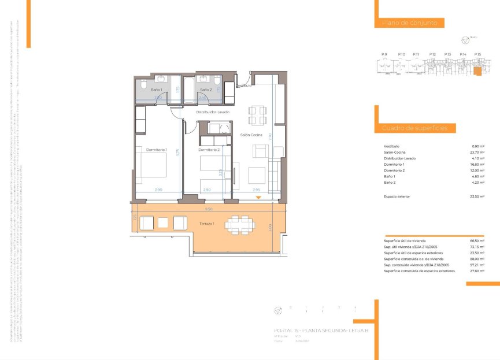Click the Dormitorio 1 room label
pyautogui.click(x=156, y=150)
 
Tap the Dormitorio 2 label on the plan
pyautogui.click(x=210, y=150)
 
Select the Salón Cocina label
pyautogui.click(x=251, y=135)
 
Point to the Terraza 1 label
pyautogui.click(x=208, y=224)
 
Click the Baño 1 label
pyautogui.click(x=156, y=90)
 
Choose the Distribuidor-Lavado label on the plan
pyautogui.click(x=213, y=112)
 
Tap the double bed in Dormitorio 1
pyautogui.click(x=151, y=161)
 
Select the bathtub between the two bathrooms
pyautogui.click(x=188, y=90)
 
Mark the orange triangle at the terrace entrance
pyautogui.click(x=259, y=198)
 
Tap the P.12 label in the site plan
pyautogui.click(x=432, y=54)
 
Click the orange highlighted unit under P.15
pyautogui.click(x=477, y=72)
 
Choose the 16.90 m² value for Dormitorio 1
pyautogui.click(x=477, y=165)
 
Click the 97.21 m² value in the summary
pyautogui.click(x=477, y=265)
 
